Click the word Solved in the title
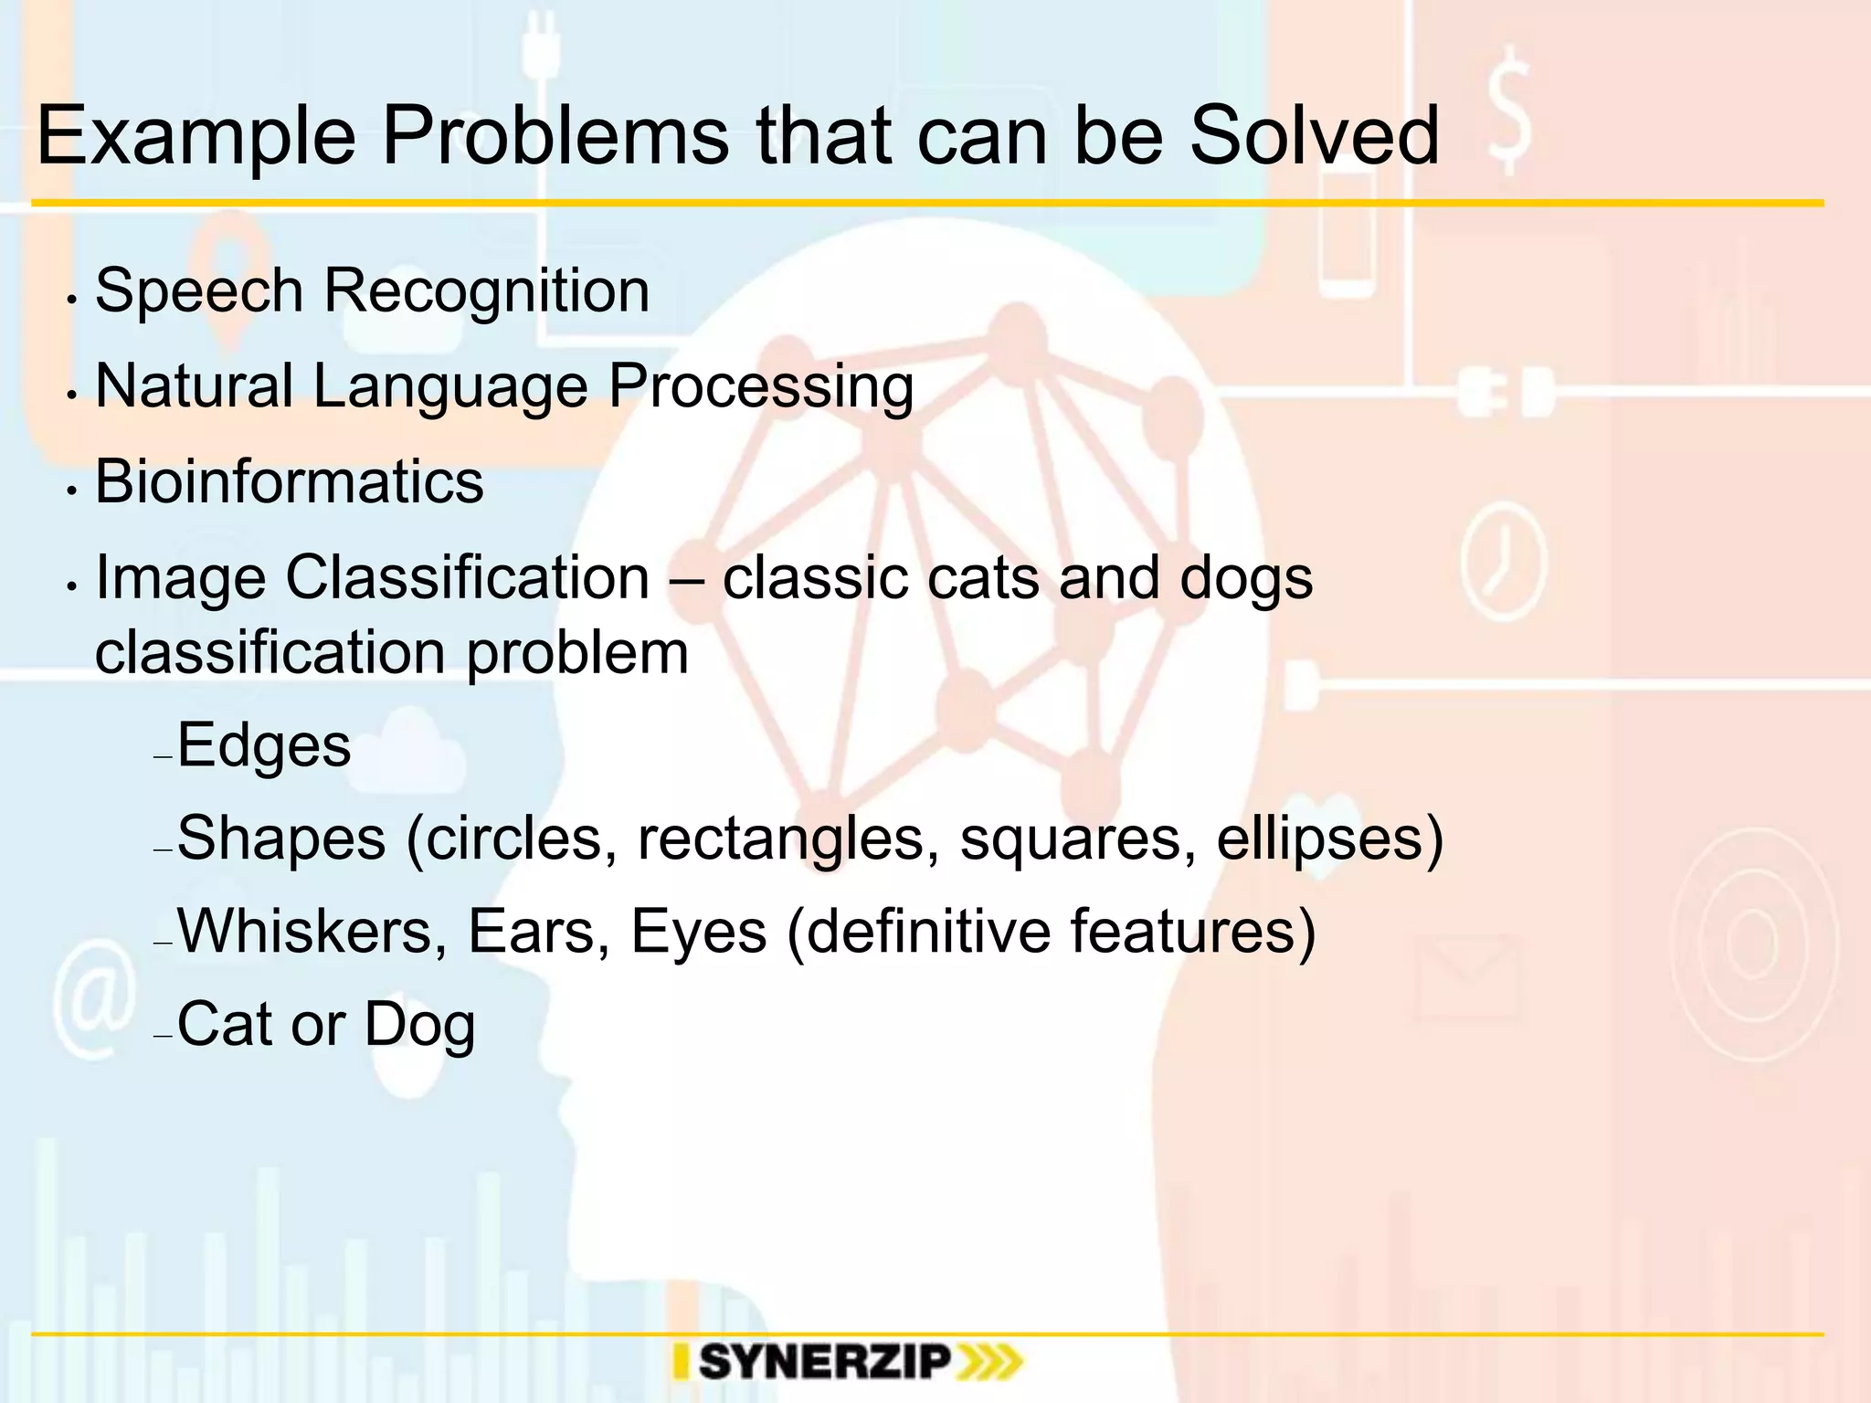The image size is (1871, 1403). pos(1313,137)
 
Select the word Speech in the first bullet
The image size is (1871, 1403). pos(198,292)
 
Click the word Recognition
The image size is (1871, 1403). pos(486,292)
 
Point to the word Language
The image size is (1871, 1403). pos(449,387)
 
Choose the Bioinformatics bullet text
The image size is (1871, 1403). pos(289,481)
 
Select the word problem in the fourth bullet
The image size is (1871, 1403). pos(577,654)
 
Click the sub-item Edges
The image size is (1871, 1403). pos(263,746)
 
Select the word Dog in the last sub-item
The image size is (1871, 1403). pos(419,1026)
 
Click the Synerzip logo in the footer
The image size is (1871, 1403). pos(848,1363)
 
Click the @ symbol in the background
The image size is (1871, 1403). pos(93,999)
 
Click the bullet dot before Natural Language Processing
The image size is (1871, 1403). pos(71,396)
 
